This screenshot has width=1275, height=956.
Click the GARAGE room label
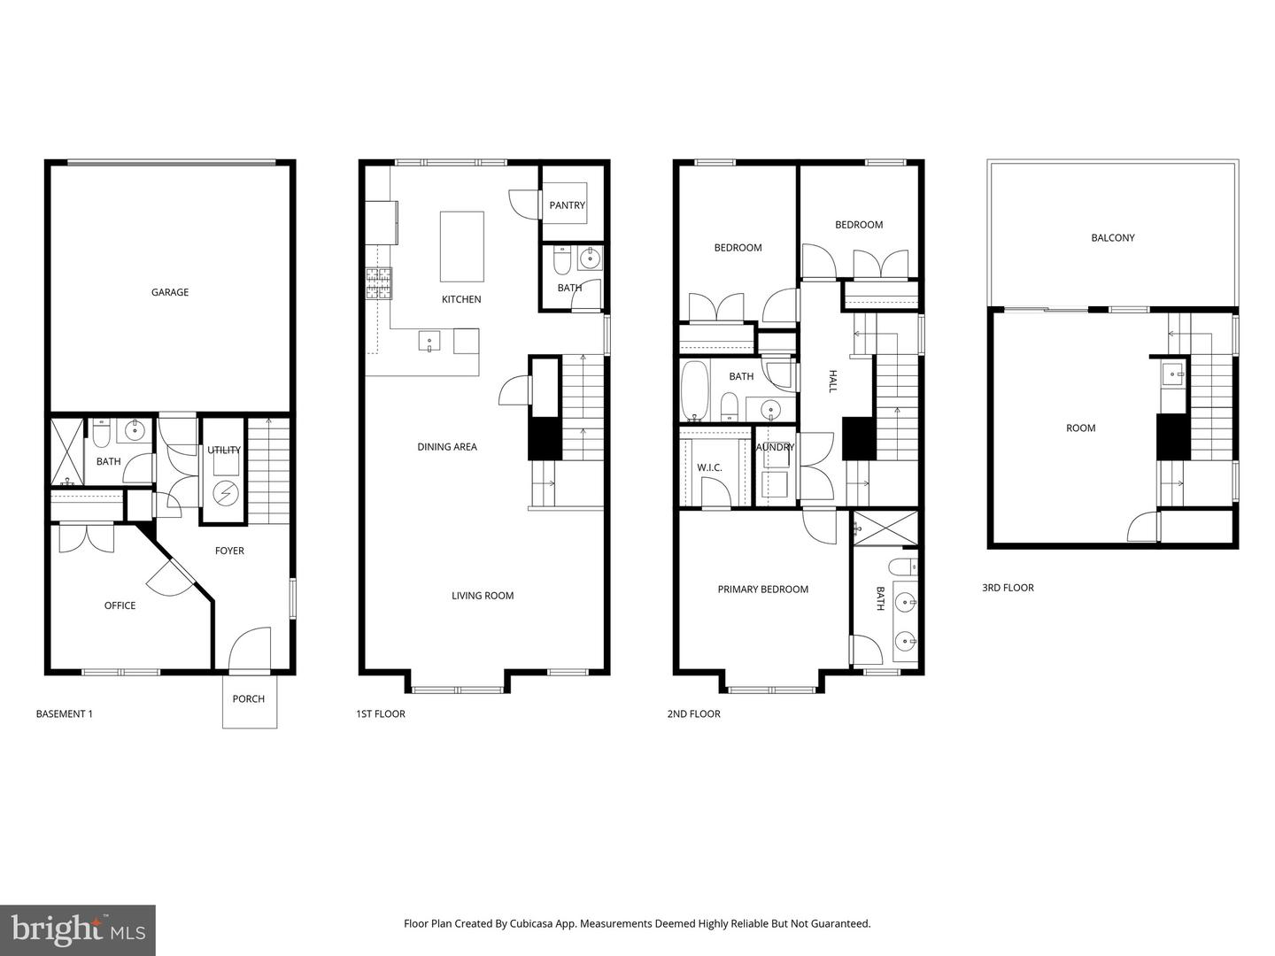(169, 292)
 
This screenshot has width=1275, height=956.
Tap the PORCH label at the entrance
(249, 698)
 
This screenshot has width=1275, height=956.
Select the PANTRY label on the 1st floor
(567, 205)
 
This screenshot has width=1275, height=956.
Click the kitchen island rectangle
(462, 246)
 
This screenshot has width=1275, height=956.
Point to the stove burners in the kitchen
(378, 283)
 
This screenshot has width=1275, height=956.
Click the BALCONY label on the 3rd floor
(1112, 237)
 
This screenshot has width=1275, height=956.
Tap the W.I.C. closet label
(710, 467)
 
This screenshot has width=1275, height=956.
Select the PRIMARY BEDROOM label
(762, 590)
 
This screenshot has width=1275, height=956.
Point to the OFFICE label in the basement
(120, 605)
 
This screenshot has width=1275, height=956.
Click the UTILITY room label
(224, 450)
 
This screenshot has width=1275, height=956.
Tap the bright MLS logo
(77, 929)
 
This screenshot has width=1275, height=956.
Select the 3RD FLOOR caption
(1008, 588)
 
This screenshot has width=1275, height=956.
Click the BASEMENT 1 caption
(64, 713)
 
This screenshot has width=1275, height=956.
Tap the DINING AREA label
(447, 447)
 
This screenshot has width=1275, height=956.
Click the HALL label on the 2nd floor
(832, 382)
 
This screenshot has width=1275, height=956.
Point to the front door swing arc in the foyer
(248, 646)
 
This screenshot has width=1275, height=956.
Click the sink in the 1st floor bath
(590, 258)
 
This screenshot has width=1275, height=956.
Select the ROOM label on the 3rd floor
(1080, 428)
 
